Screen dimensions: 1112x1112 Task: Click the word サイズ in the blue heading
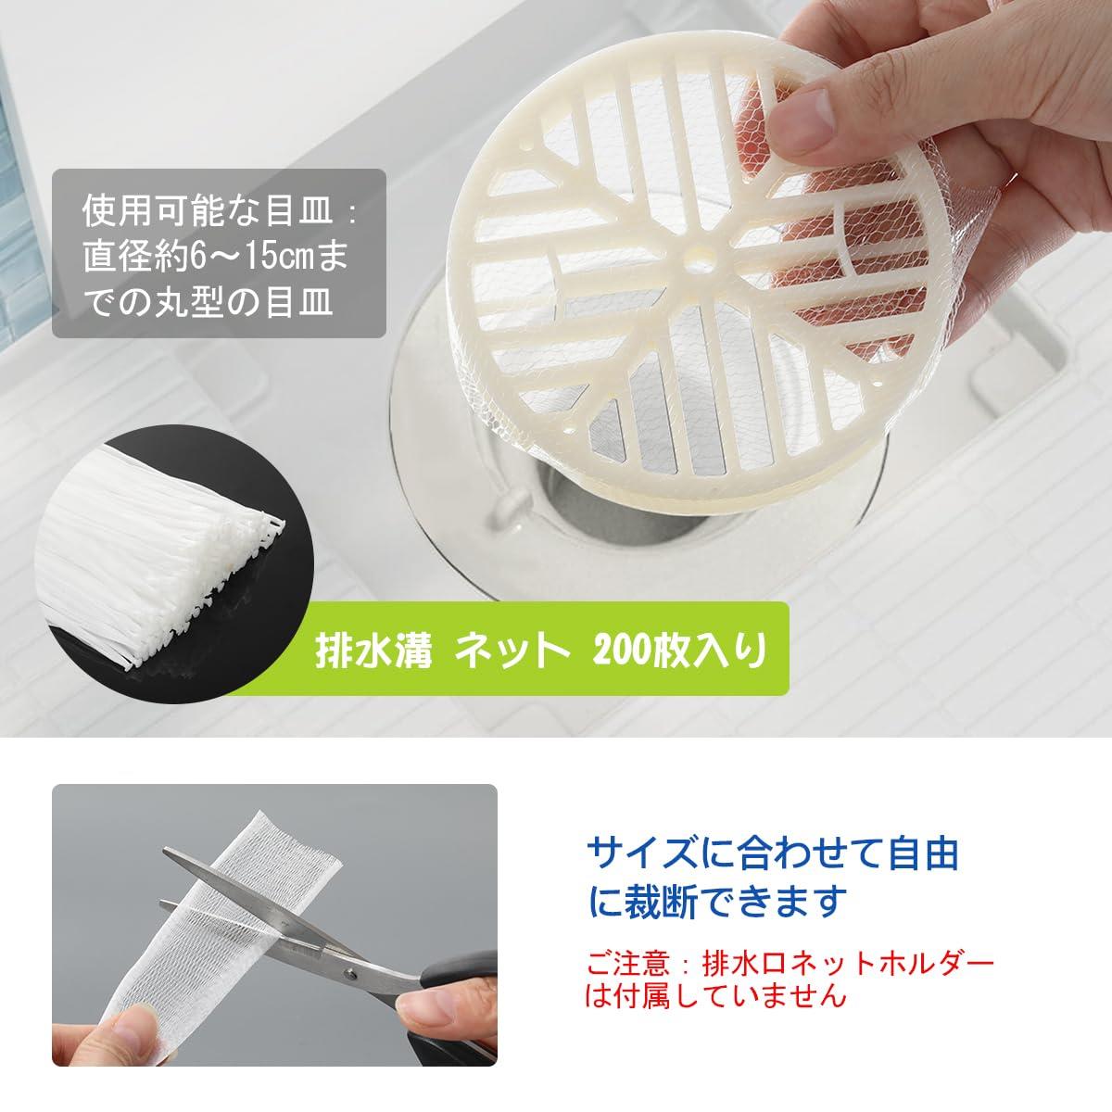tap(641, 854)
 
